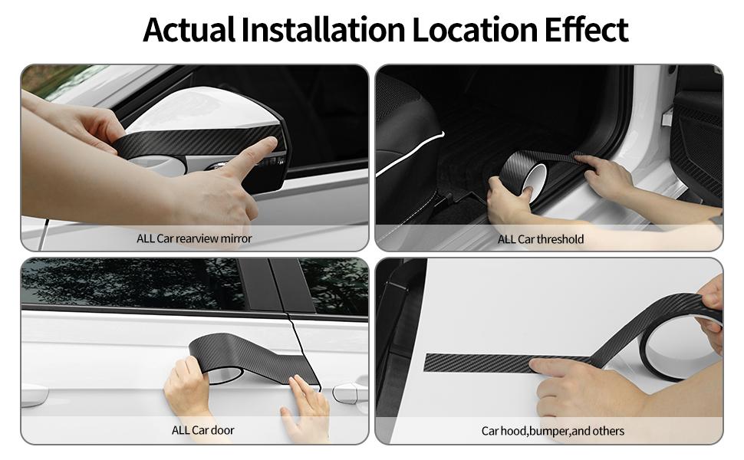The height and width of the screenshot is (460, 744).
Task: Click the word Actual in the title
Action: coord(189,30)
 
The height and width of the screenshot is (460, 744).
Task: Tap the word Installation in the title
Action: coord(323,30)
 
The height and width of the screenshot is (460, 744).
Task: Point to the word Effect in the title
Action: coord(586,30)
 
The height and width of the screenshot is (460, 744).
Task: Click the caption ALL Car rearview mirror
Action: coord(194,238)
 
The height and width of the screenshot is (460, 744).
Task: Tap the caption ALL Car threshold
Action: coord(541,239)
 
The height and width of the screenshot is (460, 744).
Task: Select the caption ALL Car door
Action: coord(203,431)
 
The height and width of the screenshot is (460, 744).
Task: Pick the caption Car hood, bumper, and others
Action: coord(553,431)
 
